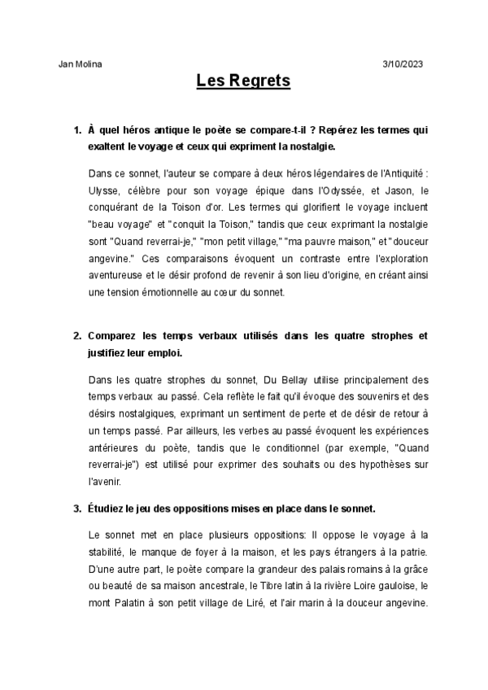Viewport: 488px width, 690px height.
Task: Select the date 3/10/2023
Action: pos(403,63)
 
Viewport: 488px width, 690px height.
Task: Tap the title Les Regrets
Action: pos(243,81)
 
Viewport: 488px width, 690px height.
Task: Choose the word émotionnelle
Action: pos(176,292)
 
